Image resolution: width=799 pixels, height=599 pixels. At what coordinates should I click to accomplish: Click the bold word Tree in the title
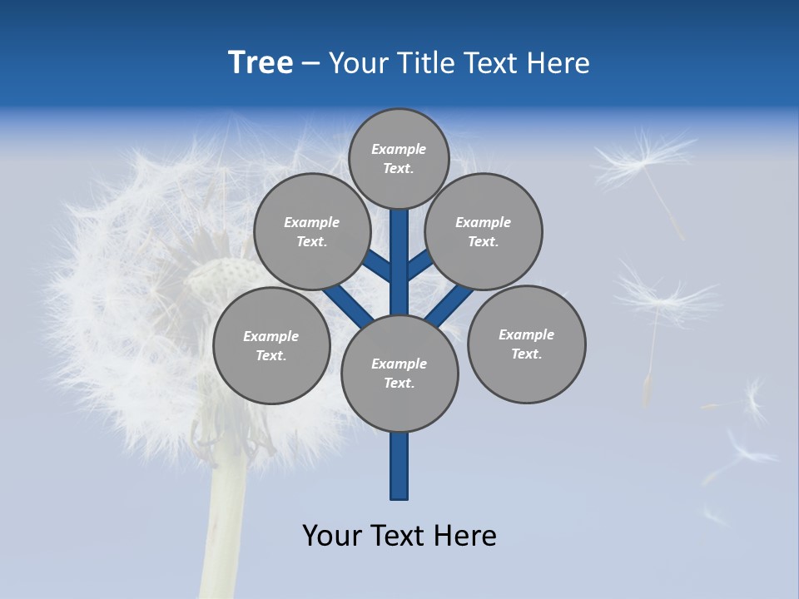coord(261,62)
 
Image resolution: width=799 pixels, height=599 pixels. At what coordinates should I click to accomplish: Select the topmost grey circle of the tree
coord(399,159)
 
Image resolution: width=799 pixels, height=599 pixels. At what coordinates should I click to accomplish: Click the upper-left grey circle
coord(311,231)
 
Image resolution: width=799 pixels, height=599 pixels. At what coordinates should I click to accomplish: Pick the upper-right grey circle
coord(484,231)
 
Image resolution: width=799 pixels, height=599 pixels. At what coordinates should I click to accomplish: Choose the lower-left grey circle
coord(271,345)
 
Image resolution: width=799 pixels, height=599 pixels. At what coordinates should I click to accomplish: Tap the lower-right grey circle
coord(526,344)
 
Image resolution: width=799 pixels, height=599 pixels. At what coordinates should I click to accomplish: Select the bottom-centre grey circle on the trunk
coord(399,373)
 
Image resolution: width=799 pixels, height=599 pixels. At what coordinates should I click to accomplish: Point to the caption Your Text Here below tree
coord(399,535)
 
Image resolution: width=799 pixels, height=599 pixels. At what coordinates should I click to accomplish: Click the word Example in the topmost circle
coord(399,150)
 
